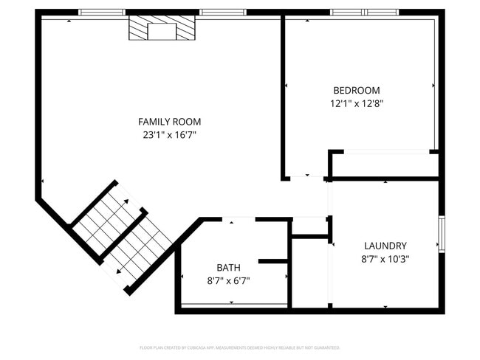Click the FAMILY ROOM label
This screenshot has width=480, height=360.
coord(169,121)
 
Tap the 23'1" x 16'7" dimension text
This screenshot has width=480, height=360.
coord(169,135)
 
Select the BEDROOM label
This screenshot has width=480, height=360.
coord(356,90)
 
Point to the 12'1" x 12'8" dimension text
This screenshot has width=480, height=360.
coord(356,104)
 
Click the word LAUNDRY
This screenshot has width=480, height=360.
coord(385,245)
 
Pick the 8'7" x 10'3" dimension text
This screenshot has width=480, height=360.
coord(385,259)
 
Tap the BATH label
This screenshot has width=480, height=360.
coord(228,267)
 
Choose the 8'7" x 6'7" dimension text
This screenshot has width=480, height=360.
coord(228,281)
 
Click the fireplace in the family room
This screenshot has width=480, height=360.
coord(162,29)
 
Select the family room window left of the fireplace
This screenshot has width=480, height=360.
coord(102,12)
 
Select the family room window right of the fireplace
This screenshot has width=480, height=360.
coord(223,12)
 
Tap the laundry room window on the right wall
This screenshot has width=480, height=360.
coord(442,234)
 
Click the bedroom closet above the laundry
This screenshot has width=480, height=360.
coord(384,164)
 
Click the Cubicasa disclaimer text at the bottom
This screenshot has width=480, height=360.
coord(239,347)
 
